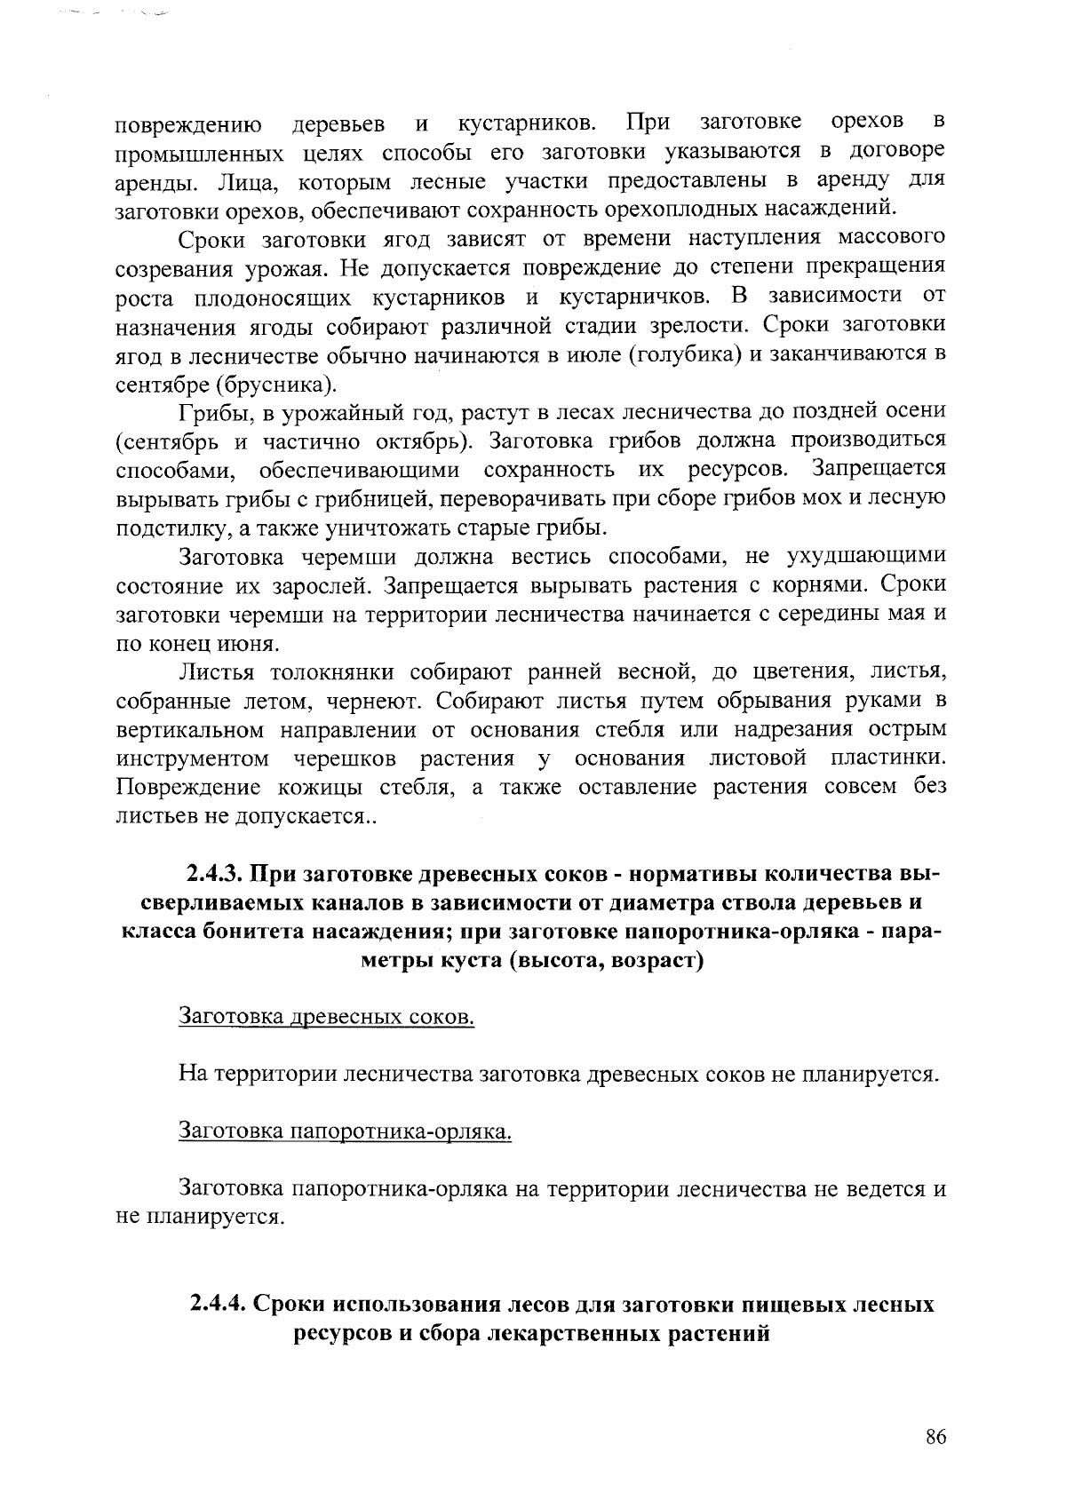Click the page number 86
click(x=935, y=1439)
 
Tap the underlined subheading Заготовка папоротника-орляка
click(x=346, y=1131)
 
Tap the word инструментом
click(x=194, y=759)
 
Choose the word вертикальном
click(x=191, y=730)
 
